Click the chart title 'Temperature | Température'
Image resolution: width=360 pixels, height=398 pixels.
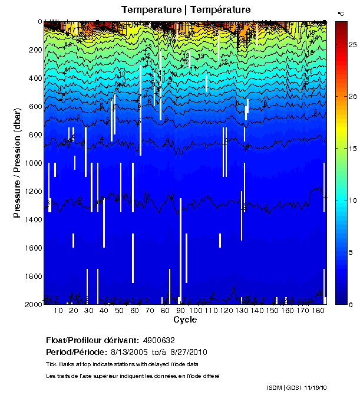186,9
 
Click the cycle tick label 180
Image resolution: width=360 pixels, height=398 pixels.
318,311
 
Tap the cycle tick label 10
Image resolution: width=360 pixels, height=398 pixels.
58,311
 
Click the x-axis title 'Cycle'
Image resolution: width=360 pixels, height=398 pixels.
185,320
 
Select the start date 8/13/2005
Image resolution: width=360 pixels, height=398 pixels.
129,352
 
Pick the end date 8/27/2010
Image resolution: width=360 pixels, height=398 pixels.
190,352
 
